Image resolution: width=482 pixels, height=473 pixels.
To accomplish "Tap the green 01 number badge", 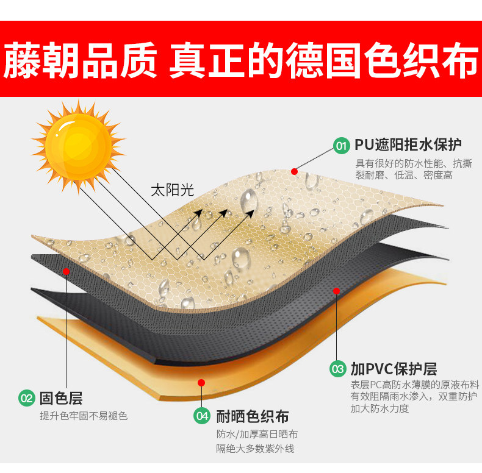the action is pos(341,146).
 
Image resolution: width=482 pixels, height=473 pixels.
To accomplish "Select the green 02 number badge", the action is pos(26,399).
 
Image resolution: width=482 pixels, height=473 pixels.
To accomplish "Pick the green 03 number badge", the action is pos(337,369).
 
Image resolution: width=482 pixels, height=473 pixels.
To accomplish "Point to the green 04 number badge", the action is pos(202,417).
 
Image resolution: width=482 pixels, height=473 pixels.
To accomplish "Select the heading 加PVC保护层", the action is pos(394,369).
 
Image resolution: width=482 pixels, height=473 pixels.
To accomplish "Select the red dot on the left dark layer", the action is pos(66,270).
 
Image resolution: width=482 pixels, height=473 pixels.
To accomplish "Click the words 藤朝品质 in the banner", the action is pos(81,60).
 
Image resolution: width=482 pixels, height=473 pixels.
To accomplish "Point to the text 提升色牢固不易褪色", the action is pos(84,416).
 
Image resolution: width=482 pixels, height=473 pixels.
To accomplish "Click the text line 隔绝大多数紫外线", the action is pos(256,449).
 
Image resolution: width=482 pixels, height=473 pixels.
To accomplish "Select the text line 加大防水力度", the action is pos(379,408).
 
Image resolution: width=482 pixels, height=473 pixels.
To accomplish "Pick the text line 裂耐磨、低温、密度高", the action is pos(404,176).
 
